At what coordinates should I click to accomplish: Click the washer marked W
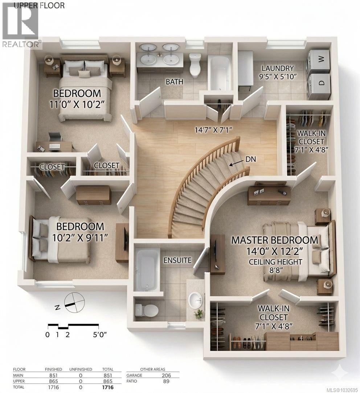[x=318, y=59]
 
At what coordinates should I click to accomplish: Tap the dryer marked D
[x=318, y=83]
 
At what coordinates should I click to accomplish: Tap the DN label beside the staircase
[x=251, y=159]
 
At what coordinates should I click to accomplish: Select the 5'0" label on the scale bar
[x=99, y=334]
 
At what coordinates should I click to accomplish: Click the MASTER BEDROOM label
[x=275, y=240]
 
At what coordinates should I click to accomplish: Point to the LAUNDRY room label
[x=278, y=68]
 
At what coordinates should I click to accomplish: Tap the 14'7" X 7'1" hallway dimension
[x=213, y=129]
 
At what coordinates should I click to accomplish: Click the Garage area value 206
[x=166, y=375]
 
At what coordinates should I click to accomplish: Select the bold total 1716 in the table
[x=108, y=387]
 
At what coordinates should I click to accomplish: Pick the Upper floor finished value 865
[x=53, y=381]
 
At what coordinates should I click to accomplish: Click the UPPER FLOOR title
[x=39, y=5]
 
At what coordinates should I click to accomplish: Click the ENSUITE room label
[x=177, y=260]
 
